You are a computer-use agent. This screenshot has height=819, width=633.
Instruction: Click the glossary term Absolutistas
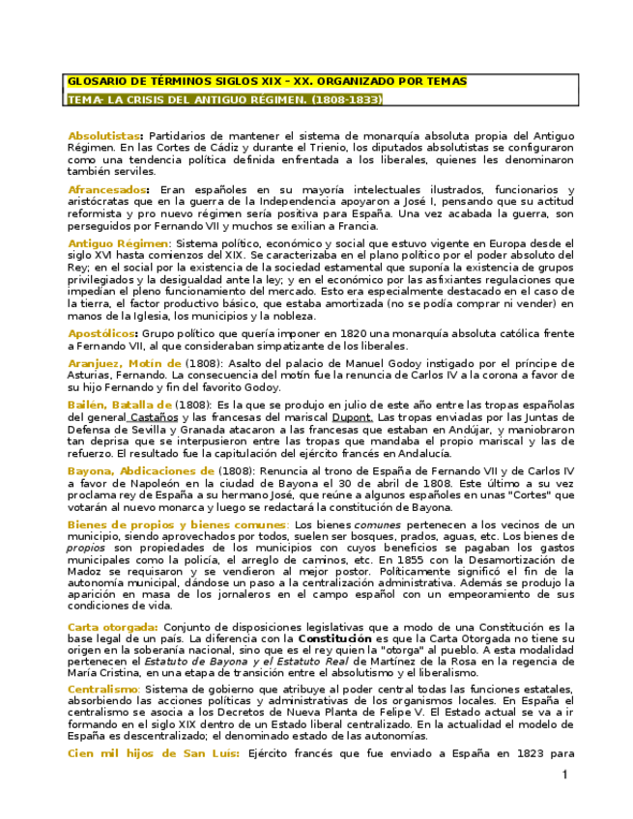tap(105, 135)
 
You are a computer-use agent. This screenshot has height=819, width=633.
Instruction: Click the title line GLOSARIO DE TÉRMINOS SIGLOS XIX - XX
tap(266, 82)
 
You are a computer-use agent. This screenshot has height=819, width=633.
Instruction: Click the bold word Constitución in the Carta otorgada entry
tap(334, 639)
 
